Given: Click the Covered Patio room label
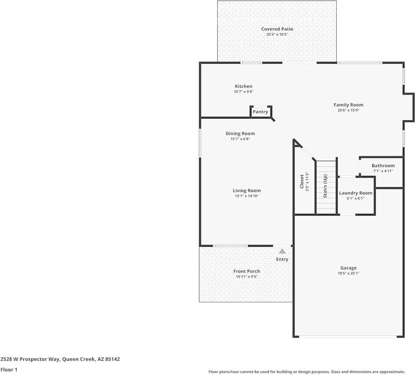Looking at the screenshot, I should point(277,29).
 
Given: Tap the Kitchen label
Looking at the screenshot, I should point(243,86).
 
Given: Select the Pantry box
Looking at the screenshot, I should point(260,112).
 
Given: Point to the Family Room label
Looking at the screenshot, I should point(348,105).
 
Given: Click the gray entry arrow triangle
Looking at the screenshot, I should point(282,251).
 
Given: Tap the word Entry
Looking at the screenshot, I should point(282,259).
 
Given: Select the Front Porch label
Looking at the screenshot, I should point(246,271).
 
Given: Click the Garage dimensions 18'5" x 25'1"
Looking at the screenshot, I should point(348,273).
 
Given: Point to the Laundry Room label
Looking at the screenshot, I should point(355,193).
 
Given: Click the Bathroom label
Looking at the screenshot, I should point(383,166).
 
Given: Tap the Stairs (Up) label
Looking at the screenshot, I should point(325,186).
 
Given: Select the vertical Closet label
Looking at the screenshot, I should point(302,181).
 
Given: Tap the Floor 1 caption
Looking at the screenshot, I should point(9,370).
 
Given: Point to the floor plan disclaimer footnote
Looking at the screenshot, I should point(306,372).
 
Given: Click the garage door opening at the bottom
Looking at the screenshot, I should point(348,337).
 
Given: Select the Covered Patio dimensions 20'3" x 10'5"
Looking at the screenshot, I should point(277,35).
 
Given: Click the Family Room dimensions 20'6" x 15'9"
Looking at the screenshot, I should point(348,111).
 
